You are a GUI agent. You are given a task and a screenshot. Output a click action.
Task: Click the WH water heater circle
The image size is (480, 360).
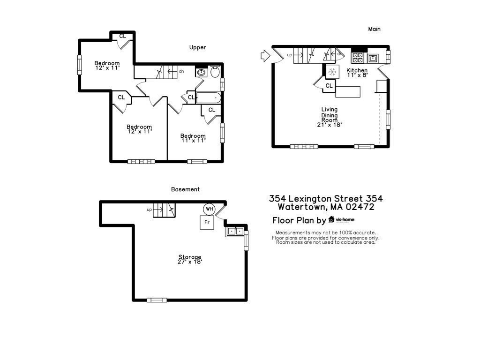click(208, 209)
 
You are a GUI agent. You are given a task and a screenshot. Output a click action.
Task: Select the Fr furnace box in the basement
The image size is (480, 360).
click(207, 222)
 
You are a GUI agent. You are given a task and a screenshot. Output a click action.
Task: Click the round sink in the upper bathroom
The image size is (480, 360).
click(202, 73)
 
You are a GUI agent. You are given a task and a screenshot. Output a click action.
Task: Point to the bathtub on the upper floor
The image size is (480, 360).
click(208, 98)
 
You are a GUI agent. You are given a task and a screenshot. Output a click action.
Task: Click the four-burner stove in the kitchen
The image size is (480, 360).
click(358, 58)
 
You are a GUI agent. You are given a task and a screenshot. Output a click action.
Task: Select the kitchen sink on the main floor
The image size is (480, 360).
click(373, 58)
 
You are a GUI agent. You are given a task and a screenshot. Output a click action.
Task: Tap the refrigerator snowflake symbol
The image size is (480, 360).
click(332, 72)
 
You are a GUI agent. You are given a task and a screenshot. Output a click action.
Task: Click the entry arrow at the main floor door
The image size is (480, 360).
click(265, 56)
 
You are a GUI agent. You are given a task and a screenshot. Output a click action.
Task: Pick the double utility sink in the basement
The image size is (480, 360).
click(234, 231)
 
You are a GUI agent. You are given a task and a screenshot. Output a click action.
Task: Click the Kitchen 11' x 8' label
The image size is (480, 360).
click(357, 73)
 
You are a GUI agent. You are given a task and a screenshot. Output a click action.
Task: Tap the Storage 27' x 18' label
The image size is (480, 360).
click(190, 259)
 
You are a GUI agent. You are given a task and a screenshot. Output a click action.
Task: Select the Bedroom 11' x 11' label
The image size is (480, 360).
click(193, 138)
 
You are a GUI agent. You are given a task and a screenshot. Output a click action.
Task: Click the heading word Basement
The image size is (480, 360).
click(185, 189)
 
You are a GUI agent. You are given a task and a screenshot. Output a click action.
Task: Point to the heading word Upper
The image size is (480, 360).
click(197, 47)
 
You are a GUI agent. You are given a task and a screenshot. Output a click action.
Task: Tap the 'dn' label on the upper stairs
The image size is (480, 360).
click(181, 71)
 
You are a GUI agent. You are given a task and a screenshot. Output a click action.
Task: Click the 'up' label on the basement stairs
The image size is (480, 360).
click(150, 210)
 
